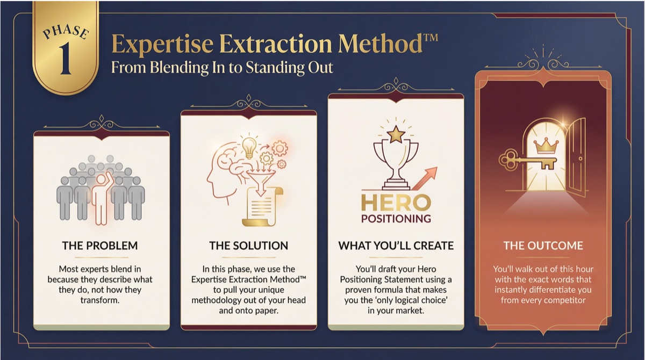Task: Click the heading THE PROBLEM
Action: coord(100,246)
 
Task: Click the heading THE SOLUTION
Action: coord(248,246)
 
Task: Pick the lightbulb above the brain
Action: coord(248,147)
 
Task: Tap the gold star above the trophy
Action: coord(396,133)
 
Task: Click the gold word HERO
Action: coord(396,203)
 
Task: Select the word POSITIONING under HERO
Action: coord(396,219)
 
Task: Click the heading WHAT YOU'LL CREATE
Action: coord(396,246)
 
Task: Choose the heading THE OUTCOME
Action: coord(543,246)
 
